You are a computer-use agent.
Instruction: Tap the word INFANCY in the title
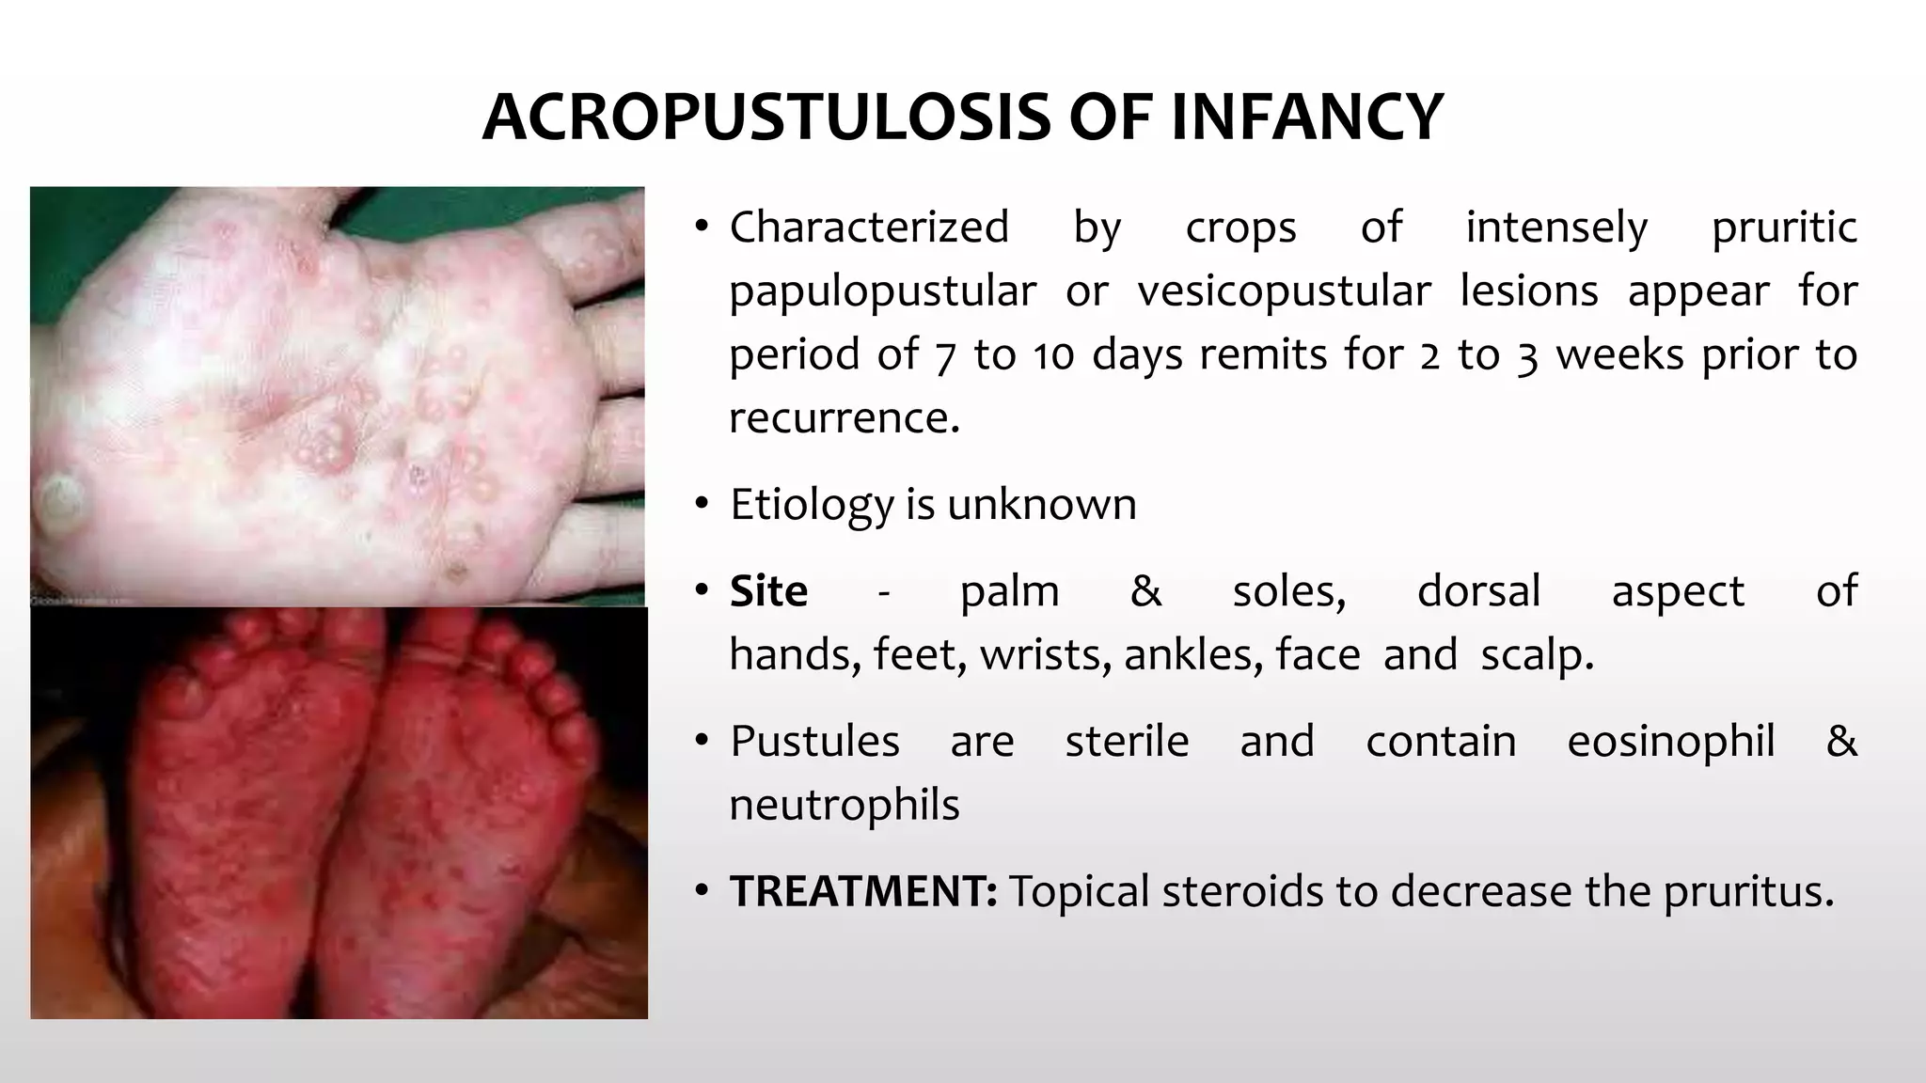1306,118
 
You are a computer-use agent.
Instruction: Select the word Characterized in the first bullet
869,228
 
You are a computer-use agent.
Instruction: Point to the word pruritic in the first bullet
1784,228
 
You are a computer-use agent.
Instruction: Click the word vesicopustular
1284,291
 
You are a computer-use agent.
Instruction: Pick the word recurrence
844,418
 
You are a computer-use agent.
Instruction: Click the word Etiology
812,506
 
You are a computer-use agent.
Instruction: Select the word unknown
1041,505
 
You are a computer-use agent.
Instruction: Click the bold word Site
768,591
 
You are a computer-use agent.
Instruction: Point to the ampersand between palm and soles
1145,591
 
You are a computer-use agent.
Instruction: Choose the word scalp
1537,654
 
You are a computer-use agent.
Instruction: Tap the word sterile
1127,742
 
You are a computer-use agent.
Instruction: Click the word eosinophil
1670,742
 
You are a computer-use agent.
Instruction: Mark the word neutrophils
844,806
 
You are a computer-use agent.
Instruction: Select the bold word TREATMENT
862,891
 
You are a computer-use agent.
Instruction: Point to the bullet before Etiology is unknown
701,505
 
